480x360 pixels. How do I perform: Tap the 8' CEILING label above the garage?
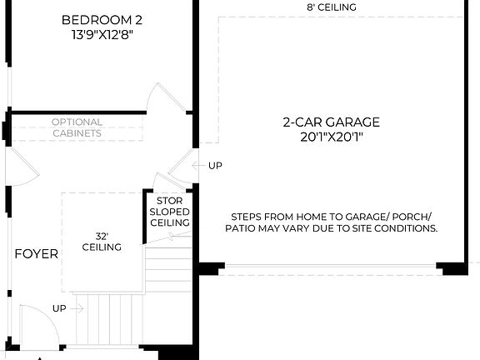click(x=331, y=7)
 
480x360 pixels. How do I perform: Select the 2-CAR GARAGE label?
click(x=331, y=122)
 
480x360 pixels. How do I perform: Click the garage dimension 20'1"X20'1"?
click(x=331, y=137)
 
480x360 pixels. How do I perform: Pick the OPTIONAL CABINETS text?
click(x=77, y=127)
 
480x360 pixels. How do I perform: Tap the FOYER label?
click(x=36, y=253)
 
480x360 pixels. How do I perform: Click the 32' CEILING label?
click(x=102, y=241)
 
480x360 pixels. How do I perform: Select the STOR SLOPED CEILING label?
click(x=169, y=212)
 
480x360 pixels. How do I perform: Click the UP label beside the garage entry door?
click(x=215, y=166)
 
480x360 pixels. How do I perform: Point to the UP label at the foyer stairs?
click(x=59, y=308)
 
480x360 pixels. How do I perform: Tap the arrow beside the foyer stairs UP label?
click(x=79, y=308)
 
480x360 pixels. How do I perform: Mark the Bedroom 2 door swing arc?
click(x=161, y=98)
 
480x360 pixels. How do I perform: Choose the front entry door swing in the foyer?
click(x=33, y=321)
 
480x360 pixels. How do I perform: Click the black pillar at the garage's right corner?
click(x=453, y=268)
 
